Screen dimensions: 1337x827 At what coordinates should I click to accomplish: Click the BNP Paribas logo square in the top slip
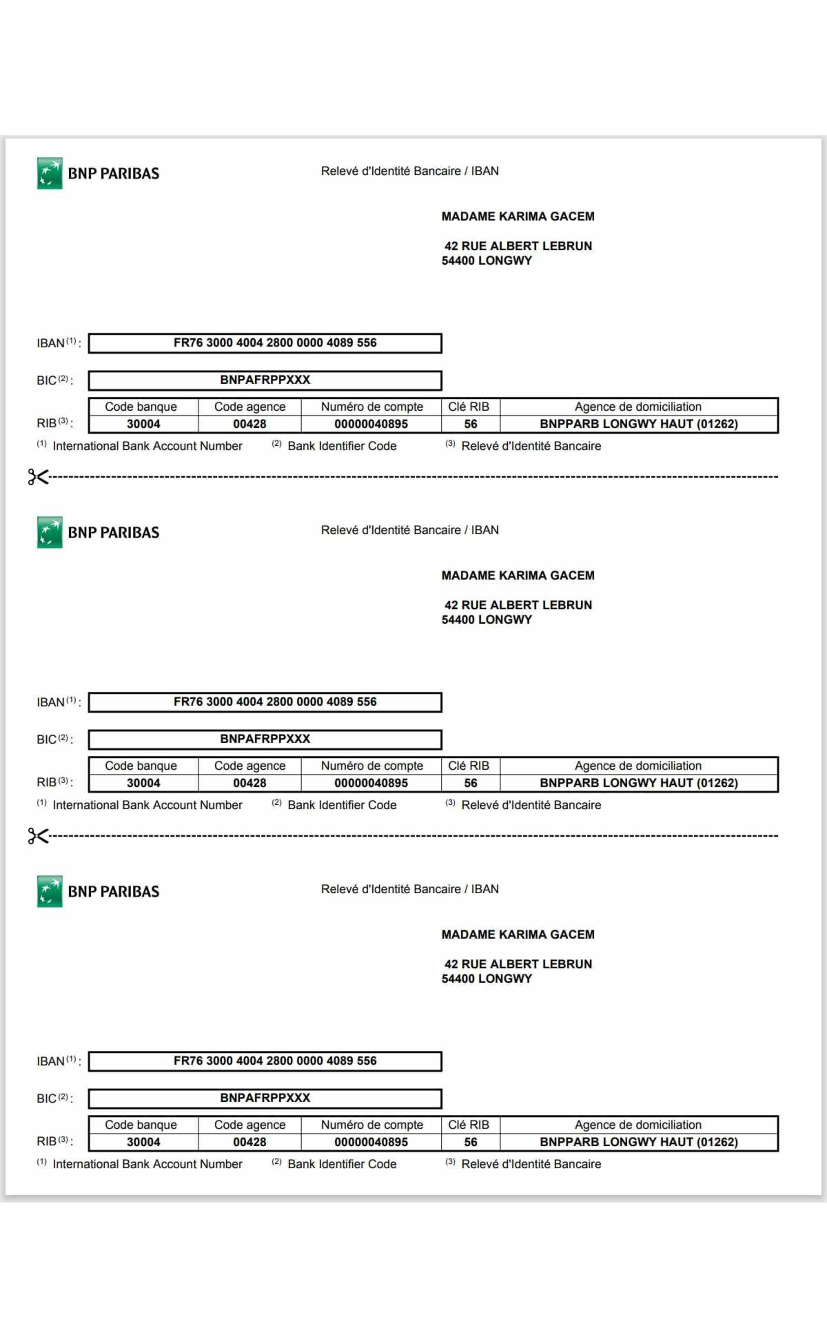coord(50,173)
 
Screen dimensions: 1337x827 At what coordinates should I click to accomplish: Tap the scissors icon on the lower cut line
coord(38,836)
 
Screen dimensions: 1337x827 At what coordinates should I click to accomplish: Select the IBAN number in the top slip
coord(275,343)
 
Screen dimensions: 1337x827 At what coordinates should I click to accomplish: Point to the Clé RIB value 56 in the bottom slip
coord(471,1142)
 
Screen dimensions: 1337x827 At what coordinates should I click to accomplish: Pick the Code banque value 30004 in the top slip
coord(143,424)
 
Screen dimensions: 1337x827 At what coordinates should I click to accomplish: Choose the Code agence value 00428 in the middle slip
coord(249,783)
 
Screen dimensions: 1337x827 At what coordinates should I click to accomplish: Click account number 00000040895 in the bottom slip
coord(371,1142)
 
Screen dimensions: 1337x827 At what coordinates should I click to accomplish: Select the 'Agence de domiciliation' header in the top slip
coord(638,407)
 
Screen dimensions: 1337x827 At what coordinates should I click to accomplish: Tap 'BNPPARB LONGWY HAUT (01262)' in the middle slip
coord(638,783)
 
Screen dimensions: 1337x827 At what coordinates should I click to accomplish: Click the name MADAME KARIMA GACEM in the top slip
coord(517,217)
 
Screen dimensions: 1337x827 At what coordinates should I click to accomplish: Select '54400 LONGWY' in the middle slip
coord(487,620)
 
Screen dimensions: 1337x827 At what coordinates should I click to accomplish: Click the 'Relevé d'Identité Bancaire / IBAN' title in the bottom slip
coord(410,889)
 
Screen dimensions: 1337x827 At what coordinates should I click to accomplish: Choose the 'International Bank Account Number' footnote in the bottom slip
coord(147,1164)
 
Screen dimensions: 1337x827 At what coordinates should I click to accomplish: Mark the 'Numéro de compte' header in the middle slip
coord(372,766)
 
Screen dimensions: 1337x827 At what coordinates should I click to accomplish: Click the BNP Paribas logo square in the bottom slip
coord(50,891)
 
